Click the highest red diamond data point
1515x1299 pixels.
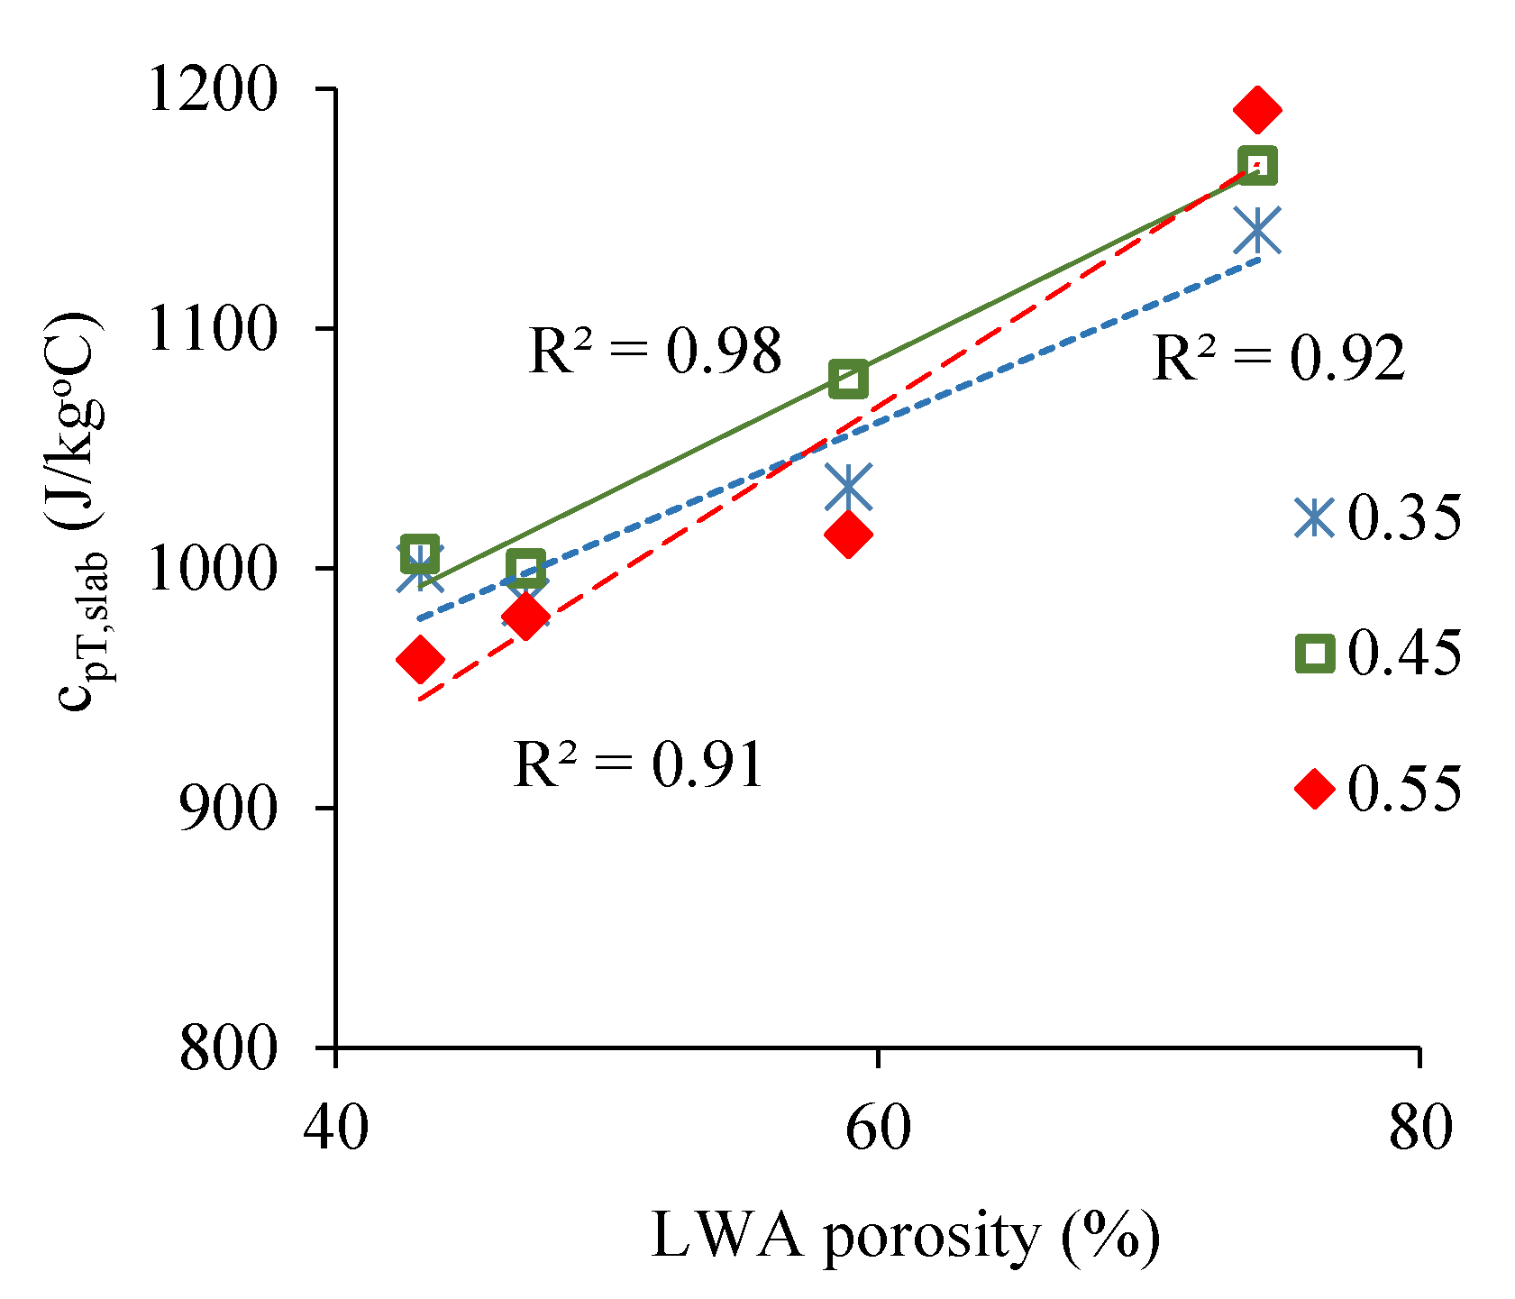pyautogui.click(x=1257, y=109)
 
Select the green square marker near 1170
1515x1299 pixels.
pyautogui.click(x=1257, y=166)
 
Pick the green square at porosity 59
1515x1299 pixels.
pyautogui.click(x=848, y=380)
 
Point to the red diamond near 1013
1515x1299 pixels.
pyautogui.click(x=848, y=535)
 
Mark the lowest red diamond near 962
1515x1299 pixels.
pyautogui.click(x=419, y=660)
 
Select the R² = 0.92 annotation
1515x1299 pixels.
pyautogui.click(x=1278, y=358)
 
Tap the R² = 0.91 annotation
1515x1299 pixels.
pyautogui.click(x=638, y=765)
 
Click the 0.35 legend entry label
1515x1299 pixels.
pyautogui.click(x=1403, y=518)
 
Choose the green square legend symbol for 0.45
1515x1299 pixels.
pyautogui.click(x=1314, y=654)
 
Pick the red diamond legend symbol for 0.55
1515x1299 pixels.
pyautogui.click(x=1314, y=789)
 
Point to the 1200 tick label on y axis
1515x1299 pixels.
pyautogui.click(x=210, y=90)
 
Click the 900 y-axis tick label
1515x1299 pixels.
pyautogui.click(x=225, y=808)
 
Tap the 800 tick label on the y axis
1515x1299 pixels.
pyautogui.click(x=225, y=1047)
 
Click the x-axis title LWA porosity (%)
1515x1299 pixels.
pyautogui.click(x=904, y=1236)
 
